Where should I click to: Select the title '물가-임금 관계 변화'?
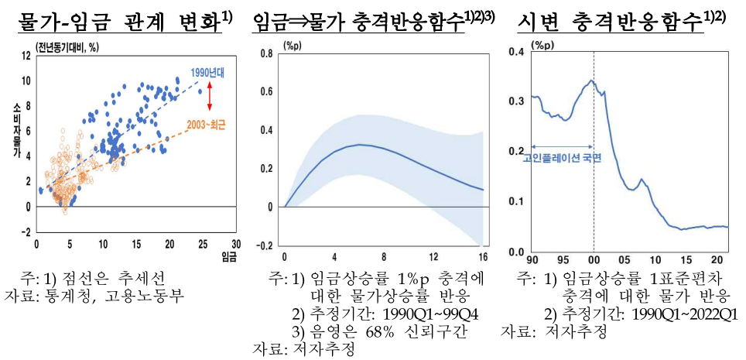(119, 22)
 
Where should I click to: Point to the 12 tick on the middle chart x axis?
(434, 257)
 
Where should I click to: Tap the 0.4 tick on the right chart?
(515, 52)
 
